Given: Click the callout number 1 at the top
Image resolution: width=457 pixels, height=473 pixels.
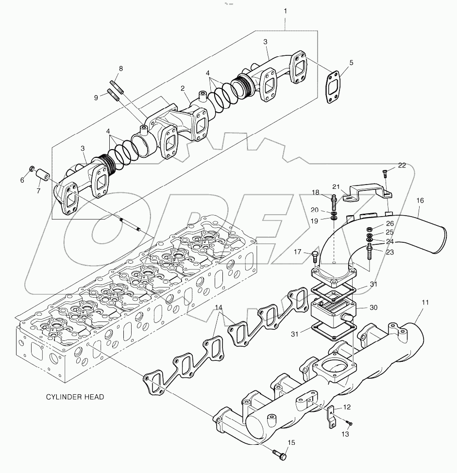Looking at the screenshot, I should coord(285,10).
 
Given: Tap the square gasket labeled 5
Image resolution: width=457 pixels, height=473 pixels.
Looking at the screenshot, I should coord(333,87).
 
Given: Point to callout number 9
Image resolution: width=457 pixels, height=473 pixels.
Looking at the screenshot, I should coord(97,98).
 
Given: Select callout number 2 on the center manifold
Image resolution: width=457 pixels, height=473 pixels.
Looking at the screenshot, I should coord(183,88).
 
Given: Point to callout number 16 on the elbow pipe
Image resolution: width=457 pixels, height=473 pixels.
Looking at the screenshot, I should coord(420,200).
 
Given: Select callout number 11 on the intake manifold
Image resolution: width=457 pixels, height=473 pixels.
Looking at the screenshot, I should coord(424,302).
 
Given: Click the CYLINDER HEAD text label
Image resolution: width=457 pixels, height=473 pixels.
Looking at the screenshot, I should coord(75,397).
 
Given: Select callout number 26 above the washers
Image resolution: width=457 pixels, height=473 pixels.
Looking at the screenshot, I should coord(390,223).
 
